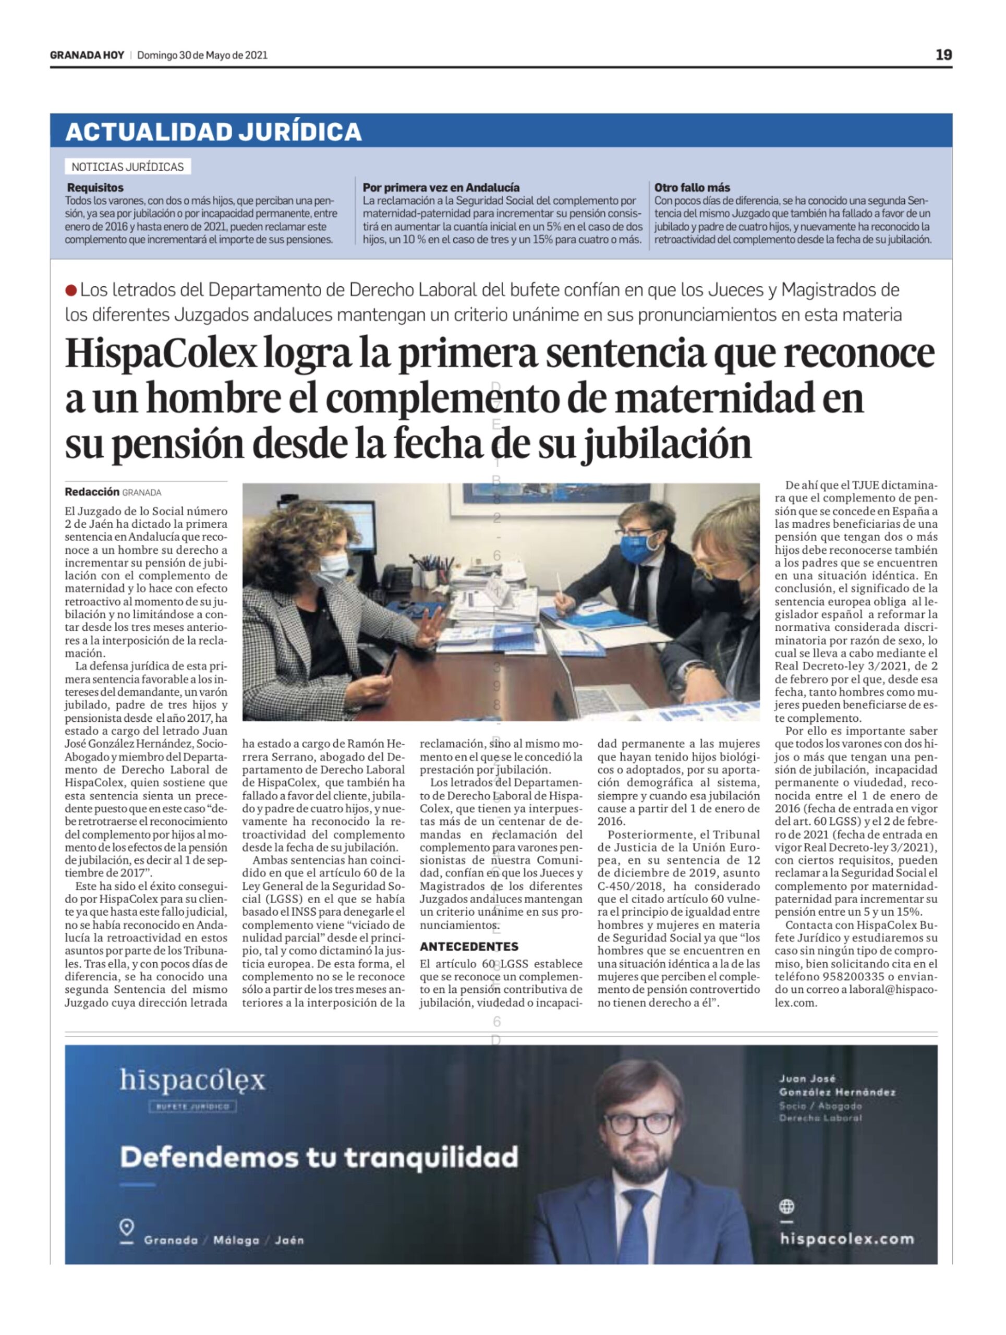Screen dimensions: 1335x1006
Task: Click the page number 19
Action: tap(943, 55)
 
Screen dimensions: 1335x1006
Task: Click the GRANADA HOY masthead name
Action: tap(87, 55)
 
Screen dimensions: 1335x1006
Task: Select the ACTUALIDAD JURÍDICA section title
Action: tap(213, 131)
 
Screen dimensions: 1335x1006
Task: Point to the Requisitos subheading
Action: tap(95, 188)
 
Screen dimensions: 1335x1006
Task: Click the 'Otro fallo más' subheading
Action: tap(692, 188)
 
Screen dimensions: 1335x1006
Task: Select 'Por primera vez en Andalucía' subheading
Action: tap(441, 188)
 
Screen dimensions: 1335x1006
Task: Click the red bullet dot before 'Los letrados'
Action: tap(71, 291)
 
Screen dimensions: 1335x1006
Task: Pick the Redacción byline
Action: tap(92, 492)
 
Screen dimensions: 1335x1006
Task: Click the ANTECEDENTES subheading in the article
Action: tap(469, 946)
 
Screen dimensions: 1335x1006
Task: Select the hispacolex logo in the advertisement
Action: tap(192, 1081)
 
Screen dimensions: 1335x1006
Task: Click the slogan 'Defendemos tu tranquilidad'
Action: tap(319, 1157)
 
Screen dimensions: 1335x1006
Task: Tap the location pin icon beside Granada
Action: tap(126, 1228)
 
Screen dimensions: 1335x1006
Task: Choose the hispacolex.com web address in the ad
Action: tap(846, 1239)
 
